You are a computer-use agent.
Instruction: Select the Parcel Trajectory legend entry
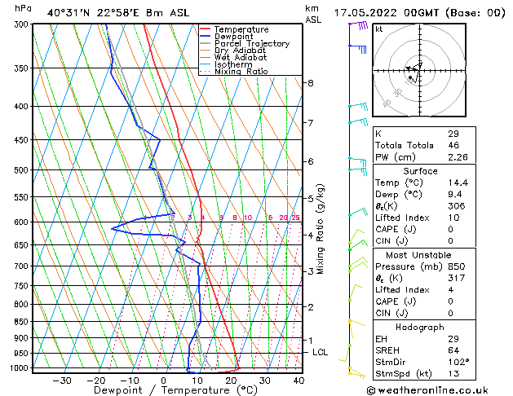[x=251, y=43]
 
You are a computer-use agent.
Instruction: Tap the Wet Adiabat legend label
[x=241, y=57]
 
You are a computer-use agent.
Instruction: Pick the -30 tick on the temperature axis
[x=62, y=381]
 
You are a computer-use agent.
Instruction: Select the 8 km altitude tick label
[x=310, y=83]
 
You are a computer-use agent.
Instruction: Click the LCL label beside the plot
[x=321, y=352]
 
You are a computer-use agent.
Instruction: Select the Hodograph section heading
[x=421, y=327]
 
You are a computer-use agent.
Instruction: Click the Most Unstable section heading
[x=421, y=254]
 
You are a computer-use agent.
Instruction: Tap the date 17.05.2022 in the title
[x=383, y=13]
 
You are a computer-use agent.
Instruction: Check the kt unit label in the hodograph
[x=378, y=29]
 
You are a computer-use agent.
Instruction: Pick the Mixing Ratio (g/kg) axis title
[x=321, y=229]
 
